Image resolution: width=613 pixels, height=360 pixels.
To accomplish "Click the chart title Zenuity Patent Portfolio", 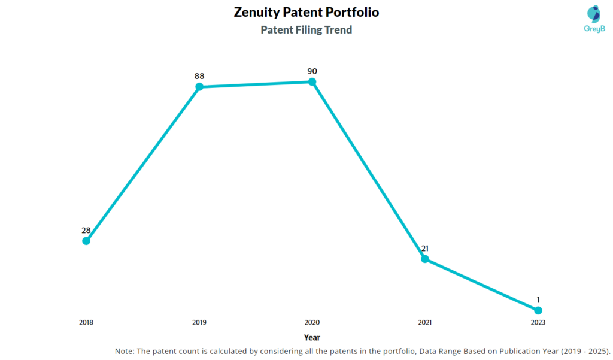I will tap(306, 12).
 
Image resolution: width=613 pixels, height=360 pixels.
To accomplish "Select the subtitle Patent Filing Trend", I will tap(306, 29).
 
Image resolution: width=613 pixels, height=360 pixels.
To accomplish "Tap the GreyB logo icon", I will tap(593, 14).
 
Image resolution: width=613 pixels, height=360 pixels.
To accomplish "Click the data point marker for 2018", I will tap(86, 241).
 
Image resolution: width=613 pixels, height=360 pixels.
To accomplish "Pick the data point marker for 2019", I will tap(199, 87).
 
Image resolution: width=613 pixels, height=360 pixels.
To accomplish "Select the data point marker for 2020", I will tap(312, 81).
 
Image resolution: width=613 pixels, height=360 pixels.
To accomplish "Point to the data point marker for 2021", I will tap(425, 259).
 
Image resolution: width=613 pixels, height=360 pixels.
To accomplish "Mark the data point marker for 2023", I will tap(538, 310).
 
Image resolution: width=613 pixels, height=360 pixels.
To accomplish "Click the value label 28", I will tap(86, 231).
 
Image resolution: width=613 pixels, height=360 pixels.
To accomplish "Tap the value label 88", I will tap(199, 77).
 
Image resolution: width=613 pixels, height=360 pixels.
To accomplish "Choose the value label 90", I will tap(312, 71).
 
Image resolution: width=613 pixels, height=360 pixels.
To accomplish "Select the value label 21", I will tap(425, 249).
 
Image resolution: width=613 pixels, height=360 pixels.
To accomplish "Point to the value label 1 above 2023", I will tap(538, 300).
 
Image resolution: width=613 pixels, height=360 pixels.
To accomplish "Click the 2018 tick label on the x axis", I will tap(86, 322).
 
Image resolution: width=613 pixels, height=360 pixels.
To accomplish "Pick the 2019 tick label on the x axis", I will tap(199, 322).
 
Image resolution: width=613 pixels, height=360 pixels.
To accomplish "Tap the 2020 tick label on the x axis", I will tap(312, 322).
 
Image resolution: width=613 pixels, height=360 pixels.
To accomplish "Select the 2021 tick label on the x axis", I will tap(425, 322).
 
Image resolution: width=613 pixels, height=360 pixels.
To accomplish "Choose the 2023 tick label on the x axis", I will tap(538, 322).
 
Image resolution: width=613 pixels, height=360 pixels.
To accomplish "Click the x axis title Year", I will tap(312, 338).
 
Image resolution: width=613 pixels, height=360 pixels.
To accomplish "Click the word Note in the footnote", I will tap(125, 351).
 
